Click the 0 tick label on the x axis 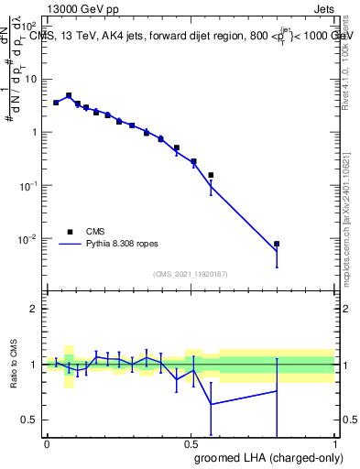46,444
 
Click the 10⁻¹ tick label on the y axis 29,186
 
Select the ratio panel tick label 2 33,309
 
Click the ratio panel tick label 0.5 29,420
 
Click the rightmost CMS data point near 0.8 277,245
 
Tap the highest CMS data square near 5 69,95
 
